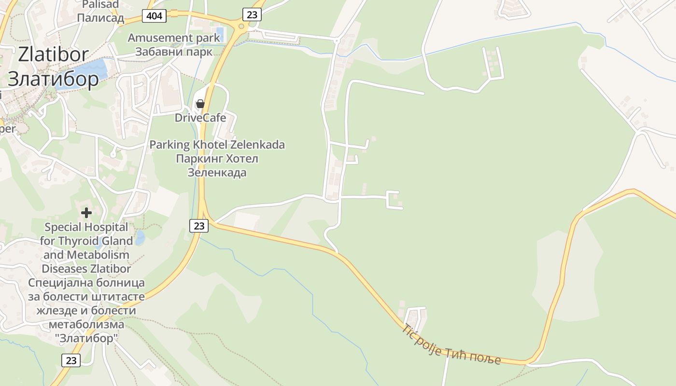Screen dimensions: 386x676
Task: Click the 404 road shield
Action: (155, 16)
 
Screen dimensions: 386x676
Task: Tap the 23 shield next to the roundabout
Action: (252, 14)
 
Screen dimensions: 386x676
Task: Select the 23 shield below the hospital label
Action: (71, 360)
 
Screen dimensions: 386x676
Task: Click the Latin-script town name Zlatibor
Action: (53, 55)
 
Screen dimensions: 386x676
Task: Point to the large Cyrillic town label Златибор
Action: (53, 79)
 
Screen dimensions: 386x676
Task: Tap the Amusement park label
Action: (174, 38)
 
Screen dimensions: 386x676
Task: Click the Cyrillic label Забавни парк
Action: (173, 52)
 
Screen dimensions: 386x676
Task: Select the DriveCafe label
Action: (200, 118)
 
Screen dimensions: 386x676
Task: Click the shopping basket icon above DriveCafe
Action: (200, 104)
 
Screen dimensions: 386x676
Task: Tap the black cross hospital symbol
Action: (86, 212)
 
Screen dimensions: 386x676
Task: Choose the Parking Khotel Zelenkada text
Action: (217, 145)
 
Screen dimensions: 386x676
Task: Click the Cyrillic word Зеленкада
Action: (217, 172)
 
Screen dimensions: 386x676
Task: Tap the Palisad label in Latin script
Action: (100, 5)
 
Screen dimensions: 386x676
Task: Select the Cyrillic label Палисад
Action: (100, 18)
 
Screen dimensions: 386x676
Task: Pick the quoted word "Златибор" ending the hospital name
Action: (86, 338)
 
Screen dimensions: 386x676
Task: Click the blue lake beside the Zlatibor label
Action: (89, 70)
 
